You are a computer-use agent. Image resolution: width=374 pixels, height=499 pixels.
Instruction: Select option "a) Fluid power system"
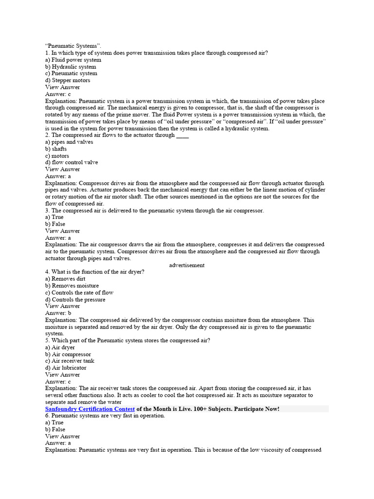(73, 60)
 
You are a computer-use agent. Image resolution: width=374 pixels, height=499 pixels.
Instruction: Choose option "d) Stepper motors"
(68, 80)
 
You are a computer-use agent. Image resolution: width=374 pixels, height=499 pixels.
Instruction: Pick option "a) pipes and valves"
(69, 142)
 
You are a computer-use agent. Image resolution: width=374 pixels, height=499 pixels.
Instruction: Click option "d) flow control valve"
(72, 162)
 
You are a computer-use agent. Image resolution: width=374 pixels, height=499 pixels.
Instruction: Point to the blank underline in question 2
(182, 136)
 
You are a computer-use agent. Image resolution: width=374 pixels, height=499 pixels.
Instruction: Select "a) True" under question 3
(55, 217)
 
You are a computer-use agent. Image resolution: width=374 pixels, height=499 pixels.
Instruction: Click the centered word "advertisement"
(187, 265)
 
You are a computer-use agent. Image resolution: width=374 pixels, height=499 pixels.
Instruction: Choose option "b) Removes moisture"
(72, 286)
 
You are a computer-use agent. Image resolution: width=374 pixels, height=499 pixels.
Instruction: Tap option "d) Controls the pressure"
(75, 300)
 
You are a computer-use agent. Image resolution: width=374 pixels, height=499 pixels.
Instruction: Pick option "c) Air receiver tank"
(70, 361)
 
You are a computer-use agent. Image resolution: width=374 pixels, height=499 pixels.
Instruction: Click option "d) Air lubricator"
(66, 368)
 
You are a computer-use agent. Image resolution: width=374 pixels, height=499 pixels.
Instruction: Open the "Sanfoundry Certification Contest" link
(90, 409)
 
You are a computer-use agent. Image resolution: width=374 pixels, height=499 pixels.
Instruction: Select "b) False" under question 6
(55, 430)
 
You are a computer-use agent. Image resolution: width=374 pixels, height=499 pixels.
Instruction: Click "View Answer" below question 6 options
(62, 437)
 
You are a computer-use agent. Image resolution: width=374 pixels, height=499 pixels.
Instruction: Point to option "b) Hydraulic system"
(71, 67)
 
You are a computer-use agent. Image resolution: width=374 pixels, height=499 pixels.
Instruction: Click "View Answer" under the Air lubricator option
(62, 375)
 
